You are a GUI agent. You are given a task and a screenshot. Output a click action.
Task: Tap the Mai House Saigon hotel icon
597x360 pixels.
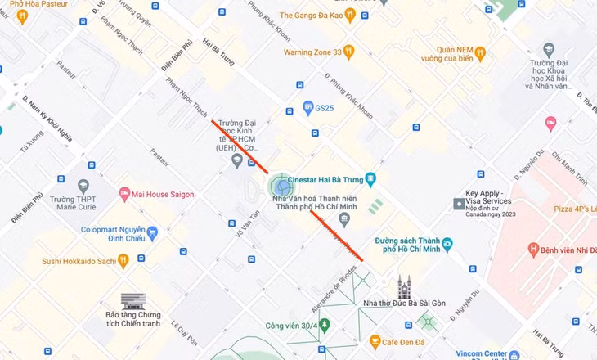coord(125,194)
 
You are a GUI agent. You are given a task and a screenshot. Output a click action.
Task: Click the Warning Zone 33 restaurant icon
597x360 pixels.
coord(349,52)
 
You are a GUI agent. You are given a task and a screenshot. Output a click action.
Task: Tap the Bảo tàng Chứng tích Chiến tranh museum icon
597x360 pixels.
coord(128,302)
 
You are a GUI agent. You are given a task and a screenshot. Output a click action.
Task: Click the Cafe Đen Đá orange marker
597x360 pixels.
coord(375,340)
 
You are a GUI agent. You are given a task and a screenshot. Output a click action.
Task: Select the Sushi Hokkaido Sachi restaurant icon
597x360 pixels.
coord(123,260)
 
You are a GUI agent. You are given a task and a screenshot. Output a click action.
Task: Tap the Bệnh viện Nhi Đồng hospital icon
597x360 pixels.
coord(534,248)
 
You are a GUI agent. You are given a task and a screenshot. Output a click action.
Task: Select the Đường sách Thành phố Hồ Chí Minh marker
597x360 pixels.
coord(447,243)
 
